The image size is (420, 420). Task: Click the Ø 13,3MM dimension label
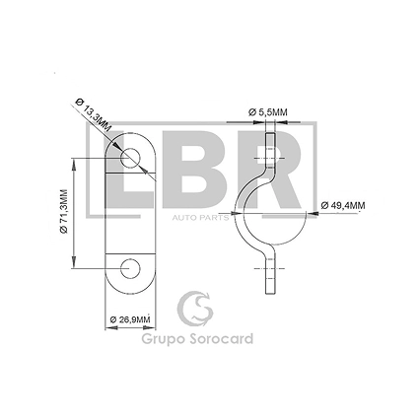coord(94,115)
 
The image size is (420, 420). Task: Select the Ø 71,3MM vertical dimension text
coord(63,212)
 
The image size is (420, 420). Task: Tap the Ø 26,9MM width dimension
coord(130,319)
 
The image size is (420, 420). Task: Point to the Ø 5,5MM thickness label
coord(267,112)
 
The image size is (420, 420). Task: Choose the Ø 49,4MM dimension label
coord(343,206)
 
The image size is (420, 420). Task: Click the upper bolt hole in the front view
coord(130,158)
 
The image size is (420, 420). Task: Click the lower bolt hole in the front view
coord(130,268)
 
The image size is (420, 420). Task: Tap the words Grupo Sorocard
coord(197,339)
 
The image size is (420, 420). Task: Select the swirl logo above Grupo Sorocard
coord(195,309)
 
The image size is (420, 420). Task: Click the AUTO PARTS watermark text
coord(200,218)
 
